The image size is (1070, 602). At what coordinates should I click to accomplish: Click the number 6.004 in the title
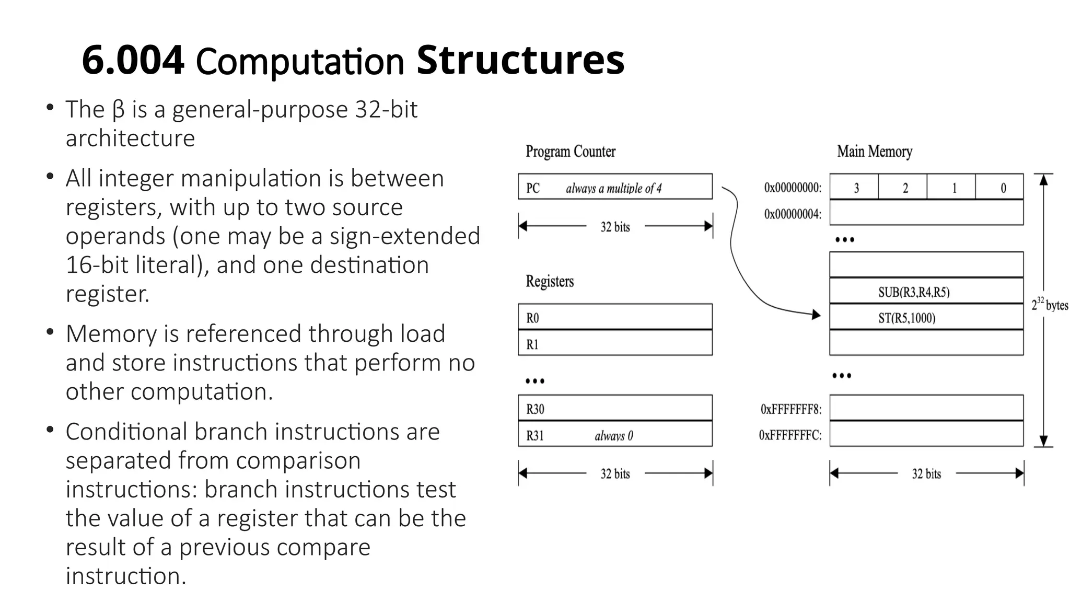pos(133,60)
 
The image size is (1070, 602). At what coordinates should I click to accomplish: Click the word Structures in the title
pos(520,60)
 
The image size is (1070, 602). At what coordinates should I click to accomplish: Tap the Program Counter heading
pos(571,152)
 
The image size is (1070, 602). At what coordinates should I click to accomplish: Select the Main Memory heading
pos(875,152)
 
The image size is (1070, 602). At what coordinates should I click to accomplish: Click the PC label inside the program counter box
pos(533,188)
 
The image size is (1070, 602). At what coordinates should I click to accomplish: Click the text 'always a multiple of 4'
pos(613,188)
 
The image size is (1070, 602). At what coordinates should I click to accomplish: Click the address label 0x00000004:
pos(793,214)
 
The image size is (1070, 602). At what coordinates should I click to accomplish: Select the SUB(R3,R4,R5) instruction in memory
pos(914,292)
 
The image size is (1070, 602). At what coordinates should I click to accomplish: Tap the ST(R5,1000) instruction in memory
pos(906,318)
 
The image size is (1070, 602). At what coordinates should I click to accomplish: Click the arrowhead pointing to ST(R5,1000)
pos(815,315)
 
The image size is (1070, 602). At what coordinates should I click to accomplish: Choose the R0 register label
pos(532,318)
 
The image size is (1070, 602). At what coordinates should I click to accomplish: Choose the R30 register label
pos(535,409)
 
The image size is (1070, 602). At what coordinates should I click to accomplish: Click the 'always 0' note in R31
pos(613,436)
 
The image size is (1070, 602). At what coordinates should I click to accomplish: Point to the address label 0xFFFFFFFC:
pos(790,435)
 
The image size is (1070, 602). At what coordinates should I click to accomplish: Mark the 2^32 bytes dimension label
pos(1049,305)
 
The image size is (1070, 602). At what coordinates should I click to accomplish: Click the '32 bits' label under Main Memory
pos(926,474)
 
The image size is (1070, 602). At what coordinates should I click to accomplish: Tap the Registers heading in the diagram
pos(550,281)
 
